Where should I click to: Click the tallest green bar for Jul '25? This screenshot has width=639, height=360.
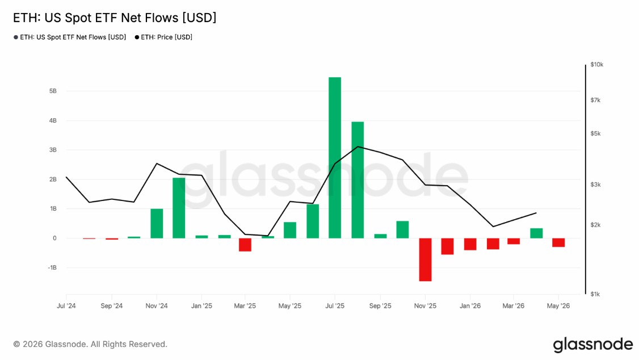[335, 158]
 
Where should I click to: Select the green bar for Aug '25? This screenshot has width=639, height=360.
[358, 180]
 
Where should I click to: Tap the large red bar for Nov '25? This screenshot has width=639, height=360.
[425, 259]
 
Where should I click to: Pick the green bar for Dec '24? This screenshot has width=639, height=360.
[179, 208]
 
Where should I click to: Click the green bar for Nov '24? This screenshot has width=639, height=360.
[157, 223]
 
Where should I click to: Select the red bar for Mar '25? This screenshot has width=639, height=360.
[245, 245]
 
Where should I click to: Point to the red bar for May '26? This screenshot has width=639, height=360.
[558, 242]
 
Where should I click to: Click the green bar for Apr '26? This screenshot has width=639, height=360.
[536, 233]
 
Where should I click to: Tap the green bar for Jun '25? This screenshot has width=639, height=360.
[313, 221]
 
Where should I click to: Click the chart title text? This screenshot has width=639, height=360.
[115, 18]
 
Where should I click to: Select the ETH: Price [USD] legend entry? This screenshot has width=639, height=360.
[163, 37]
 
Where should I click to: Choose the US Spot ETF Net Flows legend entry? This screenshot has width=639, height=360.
[70, 37]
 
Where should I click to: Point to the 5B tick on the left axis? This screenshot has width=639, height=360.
[53, 91]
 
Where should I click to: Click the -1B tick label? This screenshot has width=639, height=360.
[52, 267]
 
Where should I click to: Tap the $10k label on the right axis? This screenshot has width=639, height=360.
[597, 64]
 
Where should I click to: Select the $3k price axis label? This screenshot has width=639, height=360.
[595, 185]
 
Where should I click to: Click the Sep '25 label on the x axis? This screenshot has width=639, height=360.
[380, 306]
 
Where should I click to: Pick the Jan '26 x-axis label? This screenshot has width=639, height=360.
[470, 306]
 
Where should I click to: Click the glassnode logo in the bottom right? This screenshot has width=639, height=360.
[593, 345]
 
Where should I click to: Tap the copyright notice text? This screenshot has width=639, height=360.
[90, 345]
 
